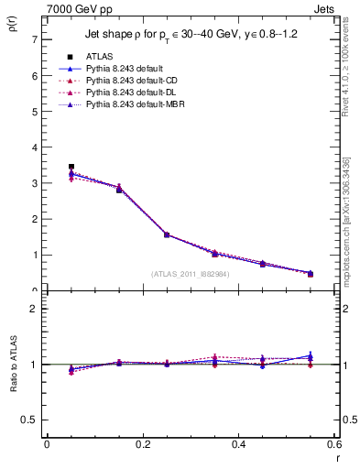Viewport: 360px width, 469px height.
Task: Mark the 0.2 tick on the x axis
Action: [x=142, y=445]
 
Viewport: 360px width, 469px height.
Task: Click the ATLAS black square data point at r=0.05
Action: [x=71, y=167]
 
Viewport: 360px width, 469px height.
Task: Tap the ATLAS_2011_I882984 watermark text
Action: [x=190, y=273]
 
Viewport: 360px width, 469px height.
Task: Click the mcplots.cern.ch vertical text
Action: [x=346, y=220]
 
